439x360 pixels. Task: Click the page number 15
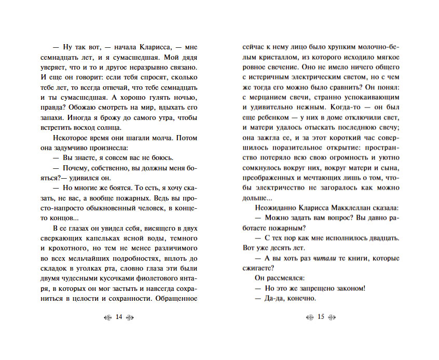click(x=320, y=317)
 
